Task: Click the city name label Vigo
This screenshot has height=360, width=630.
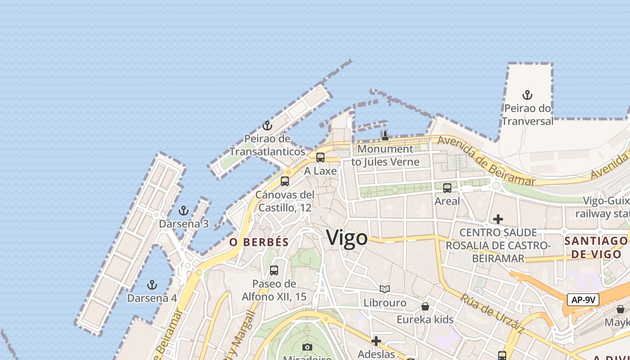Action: point(346,238)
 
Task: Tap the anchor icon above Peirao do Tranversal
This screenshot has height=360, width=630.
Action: point(527,95)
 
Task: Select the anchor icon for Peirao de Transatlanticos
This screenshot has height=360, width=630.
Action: point(267,126)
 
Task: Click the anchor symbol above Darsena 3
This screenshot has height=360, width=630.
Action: point(183,211)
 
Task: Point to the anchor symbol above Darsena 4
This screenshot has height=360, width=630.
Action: point(152,285)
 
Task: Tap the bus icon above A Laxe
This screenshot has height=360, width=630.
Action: point(320,157)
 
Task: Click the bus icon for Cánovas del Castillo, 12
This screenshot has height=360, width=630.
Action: point(284,181)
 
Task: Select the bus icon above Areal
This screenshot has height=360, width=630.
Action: point(447,188)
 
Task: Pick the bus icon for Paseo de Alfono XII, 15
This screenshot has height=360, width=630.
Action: point(274,270)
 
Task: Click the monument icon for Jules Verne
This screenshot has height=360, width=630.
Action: point(385,135)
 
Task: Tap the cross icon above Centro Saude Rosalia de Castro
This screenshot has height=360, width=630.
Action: point(498,219)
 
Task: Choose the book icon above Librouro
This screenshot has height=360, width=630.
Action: point(384,289)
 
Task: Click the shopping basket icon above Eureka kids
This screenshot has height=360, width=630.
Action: point(425,306)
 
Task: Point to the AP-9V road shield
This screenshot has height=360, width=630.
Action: point(583,300)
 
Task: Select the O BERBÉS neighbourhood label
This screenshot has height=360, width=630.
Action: point(259,242)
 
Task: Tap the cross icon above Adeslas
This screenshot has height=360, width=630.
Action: point(376,341)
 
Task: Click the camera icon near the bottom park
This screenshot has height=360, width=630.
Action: point(307,347)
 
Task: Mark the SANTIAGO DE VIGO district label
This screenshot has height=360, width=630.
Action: point(596,247)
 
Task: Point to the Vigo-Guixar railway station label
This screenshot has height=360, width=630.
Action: point(605,207)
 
